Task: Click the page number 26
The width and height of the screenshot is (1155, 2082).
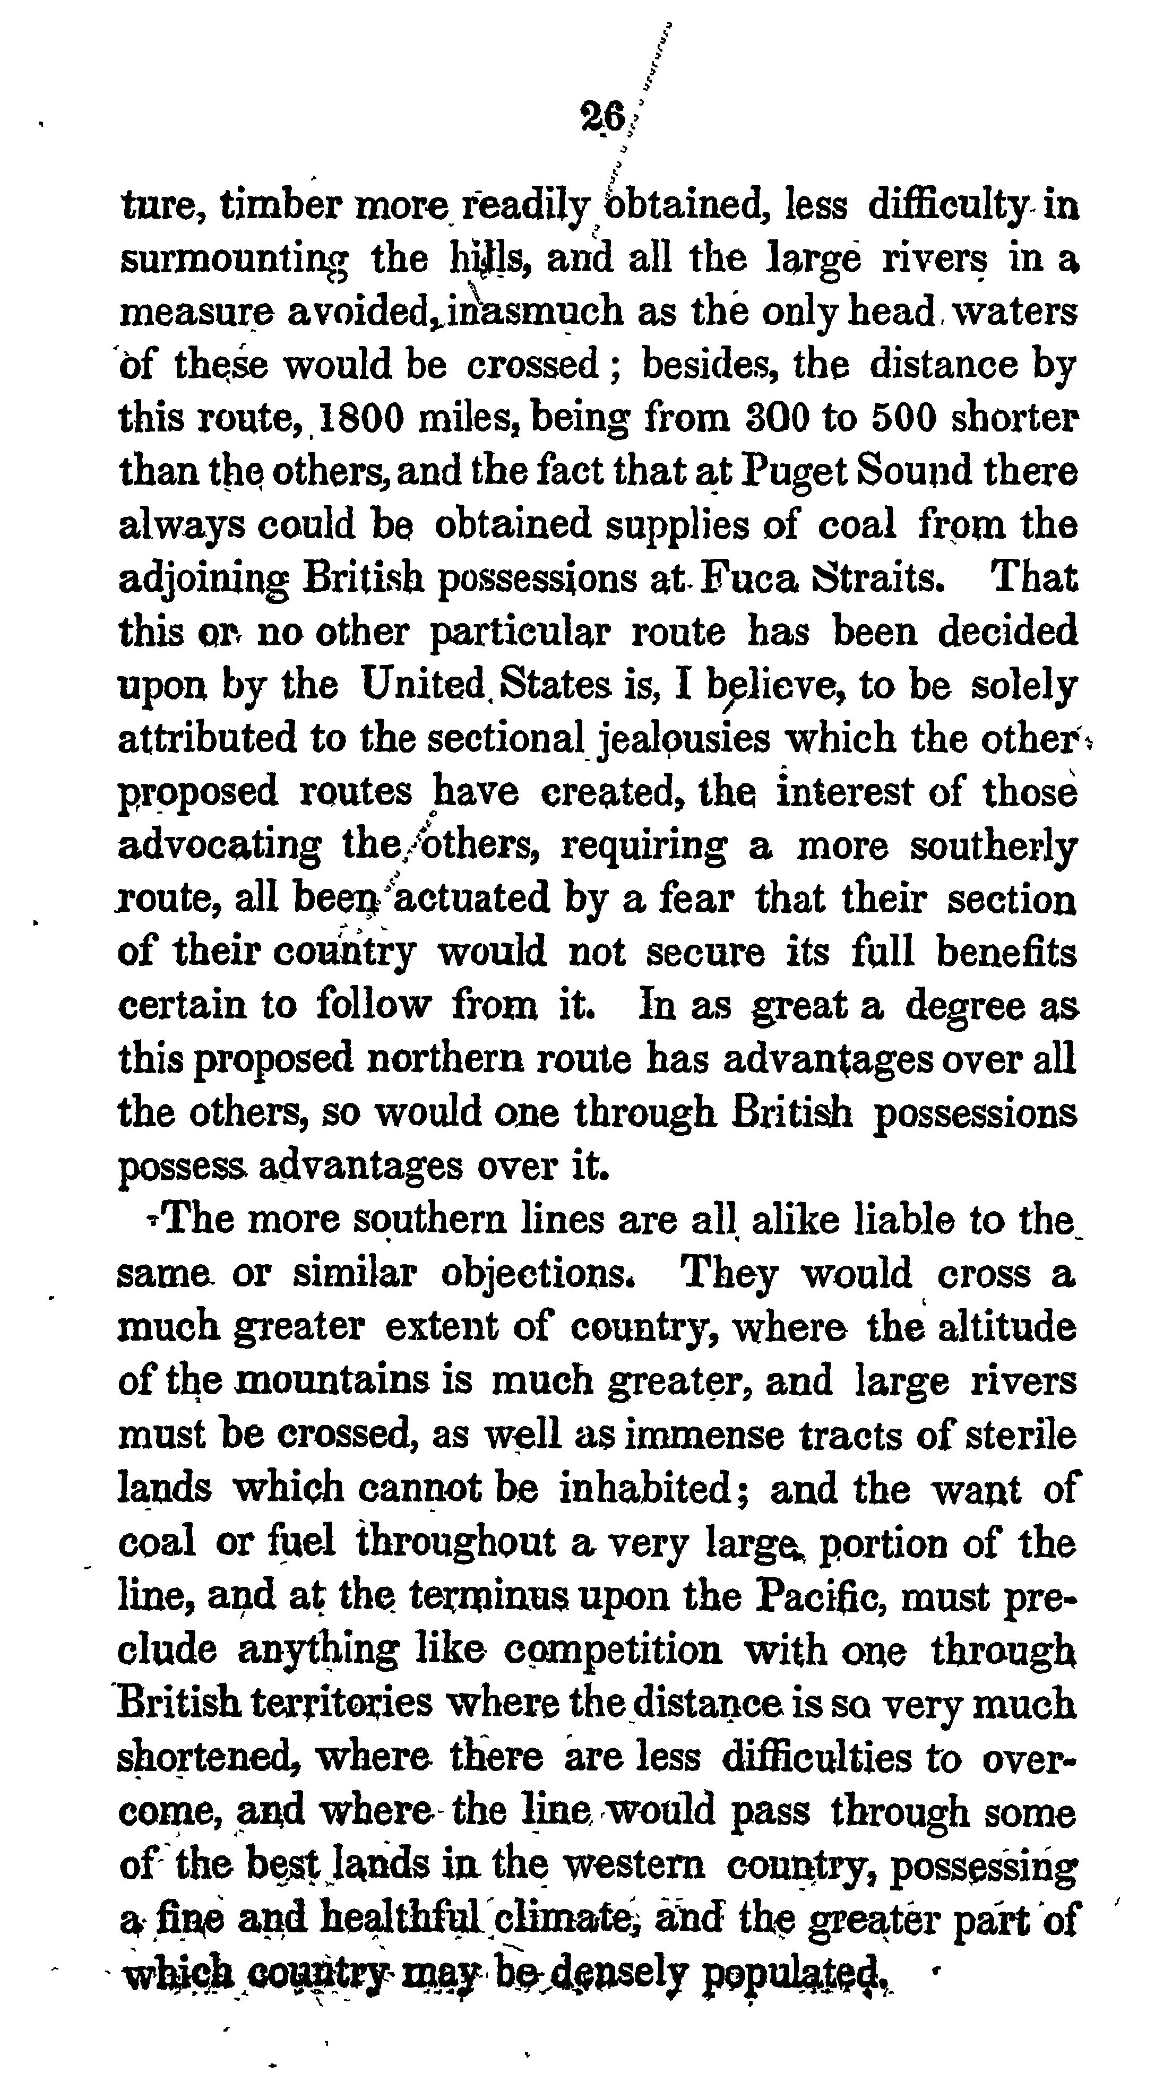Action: [603, 119]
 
